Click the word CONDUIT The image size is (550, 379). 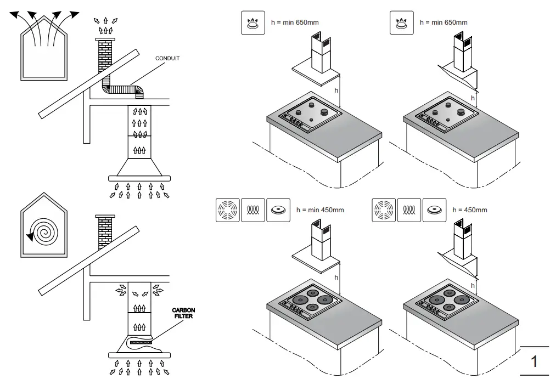(x=167, y=58)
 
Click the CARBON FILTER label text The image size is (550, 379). (x=183, y=313)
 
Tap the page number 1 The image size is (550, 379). (x=534, y=362)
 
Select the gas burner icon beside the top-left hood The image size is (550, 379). (x=253, y=23)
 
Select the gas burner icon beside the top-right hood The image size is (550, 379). (x=402, y=23)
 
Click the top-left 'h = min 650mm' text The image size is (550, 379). (x=295, y=22)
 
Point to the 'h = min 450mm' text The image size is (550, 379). (x=320, y=210)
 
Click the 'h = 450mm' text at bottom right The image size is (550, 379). (x=469, y=210)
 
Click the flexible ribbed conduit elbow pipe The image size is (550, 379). (x=123, y=89)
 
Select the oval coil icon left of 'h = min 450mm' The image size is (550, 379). (x=253, y=210)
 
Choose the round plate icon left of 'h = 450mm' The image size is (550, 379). (x=435, y=210)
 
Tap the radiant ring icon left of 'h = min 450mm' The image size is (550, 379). (x=228, y=210)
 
